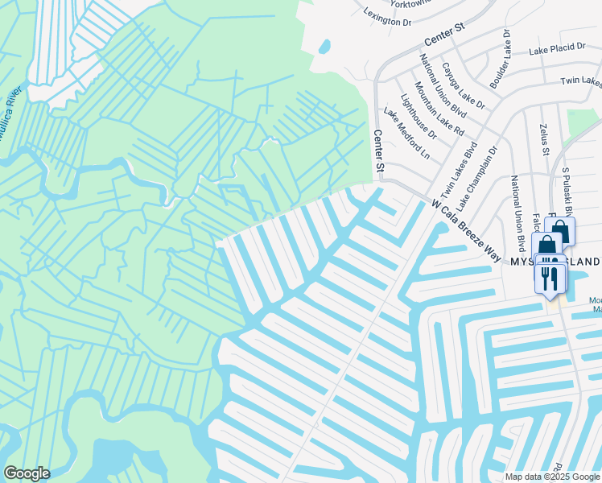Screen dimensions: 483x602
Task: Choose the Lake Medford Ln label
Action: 406,133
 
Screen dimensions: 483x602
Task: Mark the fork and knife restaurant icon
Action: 549,279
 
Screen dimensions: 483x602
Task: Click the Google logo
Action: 27,473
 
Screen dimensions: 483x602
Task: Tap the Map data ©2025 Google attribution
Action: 551,477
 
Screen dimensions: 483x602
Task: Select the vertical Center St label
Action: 379,151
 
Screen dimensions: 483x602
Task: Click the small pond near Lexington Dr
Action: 324,47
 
